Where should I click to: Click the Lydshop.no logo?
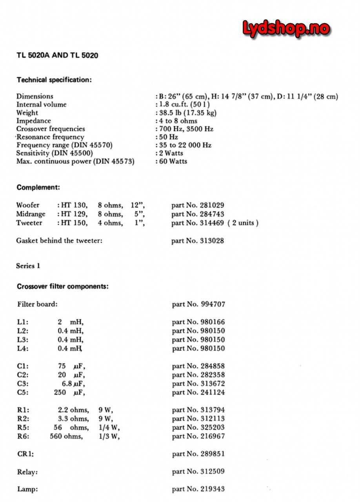[x=286, y=28]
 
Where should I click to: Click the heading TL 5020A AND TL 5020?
[x=57, y=55]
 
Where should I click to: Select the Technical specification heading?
[x=54, y=80]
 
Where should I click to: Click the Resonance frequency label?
[x=50, y=137]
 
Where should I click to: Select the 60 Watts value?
[x=173, y=161]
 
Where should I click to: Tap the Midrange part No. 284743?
[x=198, y=214]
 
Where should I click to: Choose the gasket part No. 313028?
[x=198, y=241]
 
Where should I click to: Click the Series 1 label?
[x=28, y=266]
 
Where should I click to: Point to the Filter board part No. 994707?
[x=198, y=304]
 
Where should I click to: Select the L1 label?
[x=23, y=322]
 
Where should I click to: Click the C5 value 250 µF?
[x=69, y=392]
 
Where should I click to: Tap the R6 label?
[x=23, y=436]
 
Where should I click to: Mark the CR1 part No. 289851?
[x=198, y=454]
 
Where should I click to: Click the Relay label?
[x=27, y=472]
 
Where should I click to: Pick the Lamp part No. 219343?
[x=198, y=489]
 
